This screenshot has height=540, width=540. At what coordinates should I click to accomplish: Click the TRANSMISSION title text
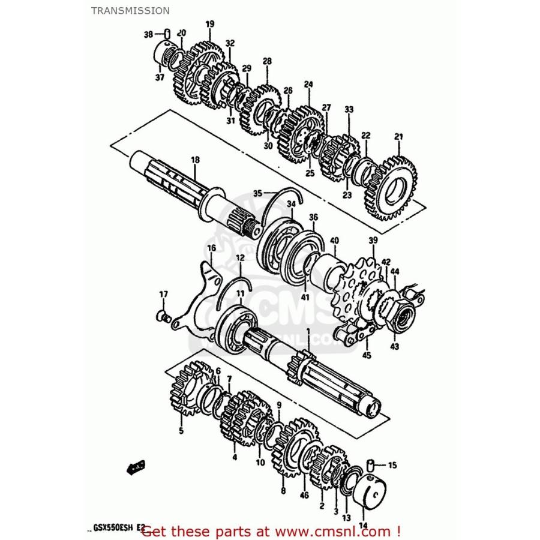(x=130, y=10)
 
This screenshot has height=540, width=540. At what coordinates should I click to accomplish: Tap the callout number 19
(x=209, y=24)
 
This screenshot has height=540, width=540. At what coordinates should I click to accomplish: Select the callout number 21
(x=398, y=137)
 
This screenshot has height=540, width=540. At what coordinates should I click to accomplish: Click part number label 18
(x=195, y=160)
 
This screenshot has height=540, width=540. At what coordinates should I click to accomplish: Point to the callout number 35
(x=257, y=193)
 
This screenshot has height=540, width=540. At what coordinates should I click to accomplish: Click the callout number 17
(x=163, y=293)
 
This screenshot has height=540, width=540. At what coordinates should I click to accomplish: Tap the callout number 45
(x=366, y=355)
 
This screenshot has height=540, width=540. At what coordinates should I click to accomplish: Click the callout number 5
(x=181, y=430)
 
